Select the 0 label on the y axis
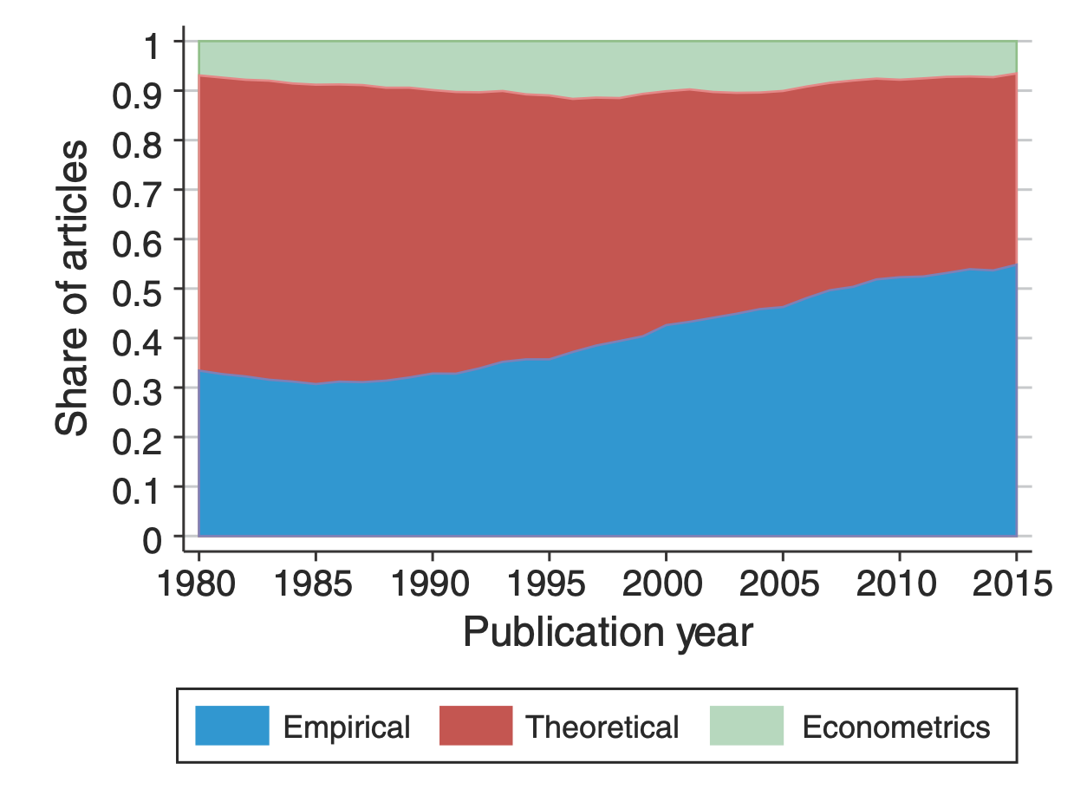click(x=153, y=539)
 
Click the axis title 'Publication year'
click(x=608, y=633)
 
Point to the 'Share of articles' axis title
click(x=72, y=288)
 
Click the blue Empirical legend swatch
click(x=231, y=726)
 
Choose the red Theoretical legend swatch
click(x=476, y=726)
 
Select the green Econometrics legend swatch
click(x=746, y=726)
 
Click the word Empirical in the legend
click(x=347, y=727)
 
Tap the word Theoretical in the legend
click(x=602, y=727)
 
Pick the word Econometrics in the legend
click(x=895, y=727)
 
